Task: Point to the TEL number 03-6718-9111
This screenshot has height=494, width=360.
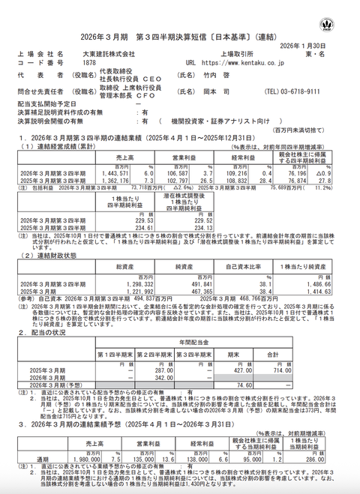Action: (307, 91)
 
